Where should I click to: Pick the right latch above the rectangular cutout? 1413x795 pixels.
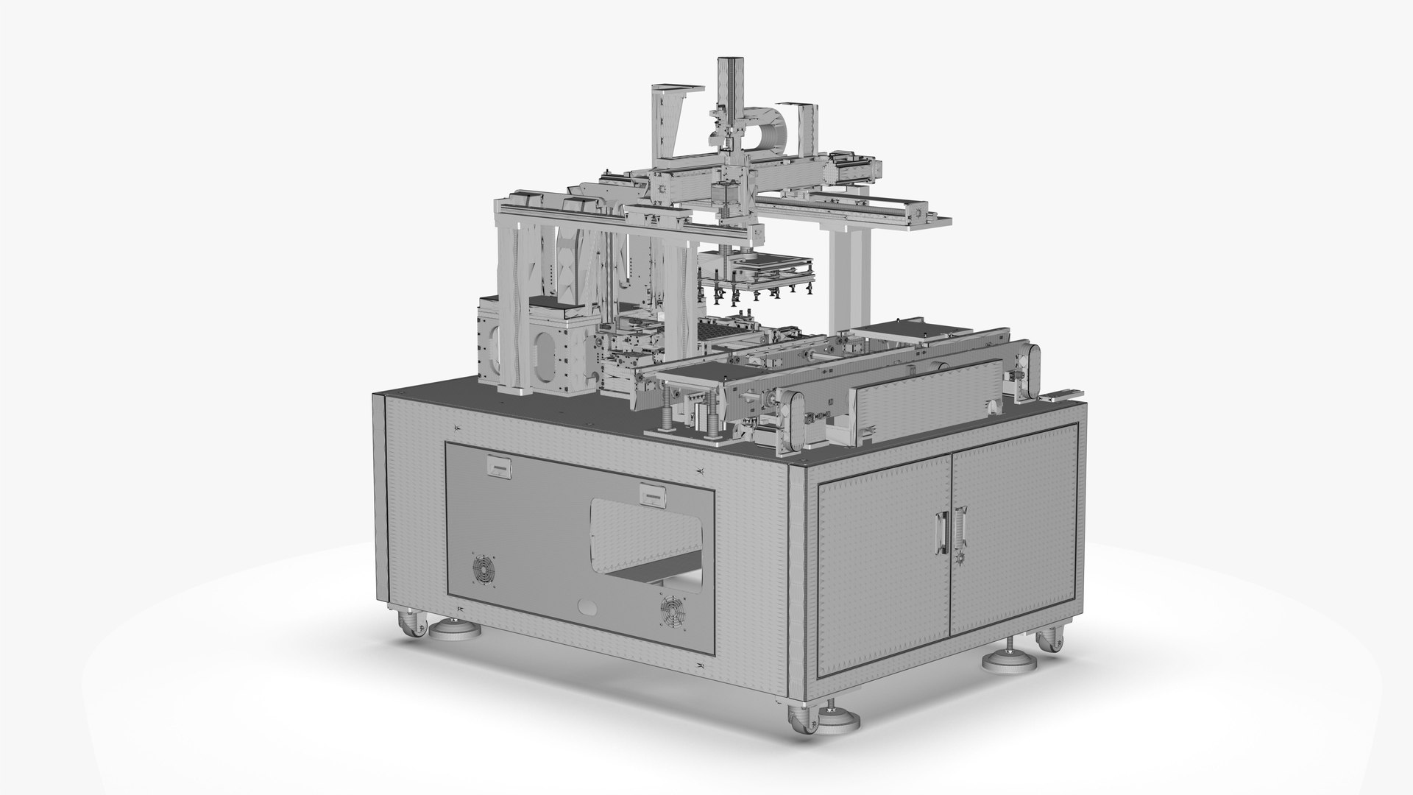(x=651, y=492)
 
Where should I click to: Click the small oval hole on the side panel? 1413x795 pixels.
(x=587, y=608)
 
